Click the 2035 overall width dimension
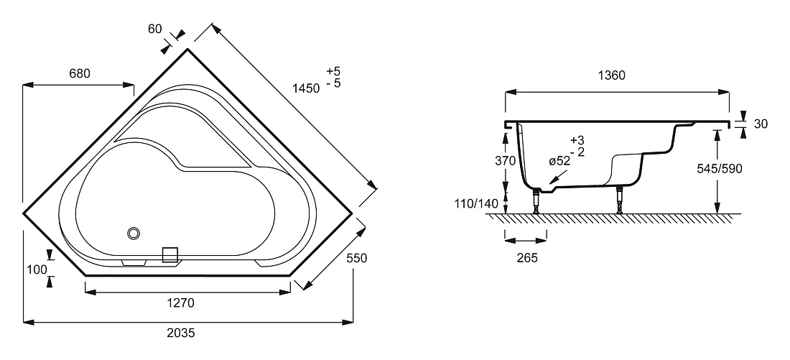[181, 333]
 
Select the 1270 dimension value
[180, 303]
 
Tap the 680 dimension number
[80, 73]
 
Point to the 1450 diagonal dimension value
[306, 88]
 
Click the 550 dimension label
[357, 258]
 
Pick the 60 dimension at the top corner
[154, 29]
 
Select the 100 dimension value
[37, 269]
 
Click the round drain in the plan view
[134, 234]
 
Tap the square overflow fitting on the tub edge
[170, 255]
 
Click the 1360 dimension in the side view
[611, 75]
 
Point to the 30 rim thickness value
[761, 124]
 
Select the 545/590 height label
[720, 169]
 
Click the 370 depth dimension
[506, 161]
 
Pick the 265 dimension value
[527, 258]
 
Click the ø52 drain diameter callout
[559, 162]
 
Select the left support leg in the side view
[536, 200]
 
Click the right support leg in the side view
[619, 200]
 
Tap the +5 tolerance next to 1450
[333, 71]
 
